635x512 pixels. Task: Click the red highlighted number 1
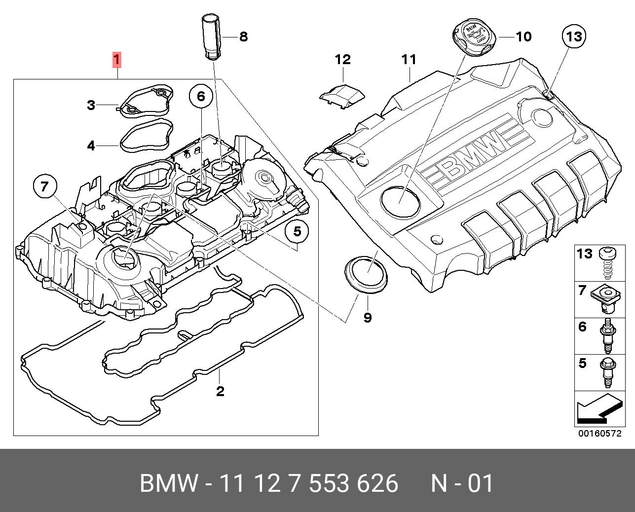click(117, 60)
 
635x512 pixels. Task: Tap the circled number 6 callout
click(201, 96)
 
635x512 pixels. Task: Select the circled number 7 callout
click(45, 186)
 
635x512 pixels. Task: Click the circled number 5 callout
click(297, 231)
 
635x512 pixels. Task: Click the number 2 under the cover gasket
click(220, 391)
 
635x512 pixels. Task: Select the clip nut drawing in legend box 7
click(607, 299)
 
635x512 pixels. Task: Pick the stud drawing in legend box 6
click(607, 335)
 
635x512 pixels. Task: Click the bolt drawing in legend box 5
click(606, 373)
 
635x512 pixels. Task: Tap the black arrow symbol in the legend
click(597, 409)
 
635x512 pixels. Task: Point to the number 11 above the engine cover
click(409, 60)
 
